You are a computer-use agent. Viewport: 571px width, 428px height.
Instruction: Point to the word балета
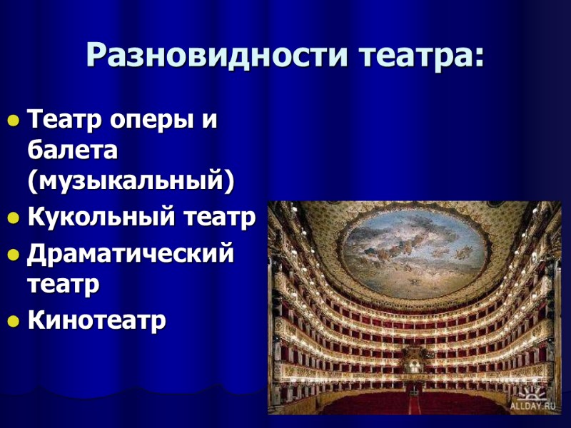72,151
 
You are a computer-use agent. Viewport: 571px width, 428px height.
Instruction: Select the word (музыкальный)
131,182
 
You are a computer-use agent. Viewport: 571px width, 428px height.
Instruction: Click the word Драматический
131,253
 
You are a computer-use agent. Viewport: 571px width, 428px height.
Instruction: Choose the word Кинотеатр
96,320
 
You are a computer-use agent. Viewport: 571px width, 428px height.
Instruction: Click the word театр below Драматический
63,285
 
